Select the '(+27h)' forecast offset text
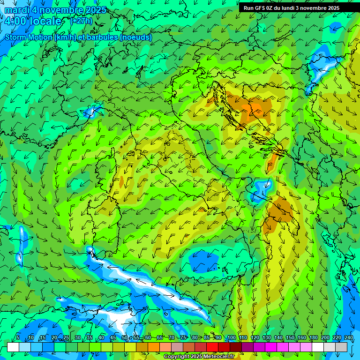coord(81,21)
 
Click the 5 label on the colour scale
coord(18,337)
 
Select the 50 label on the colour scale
coord(124,337)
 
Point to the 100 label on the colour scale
coord(231,337)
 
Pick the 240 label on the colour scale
coord(348,337)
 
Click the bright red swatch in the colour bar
coord(212,347)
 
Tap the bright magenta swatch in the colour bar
coord(271,347)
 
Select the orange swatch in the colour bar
coord(154,347)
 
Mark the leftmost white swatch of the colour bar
coord(13,347)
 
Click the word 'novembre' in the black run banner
coord(311,8)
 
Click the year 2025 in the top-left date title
coord(94,10)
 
